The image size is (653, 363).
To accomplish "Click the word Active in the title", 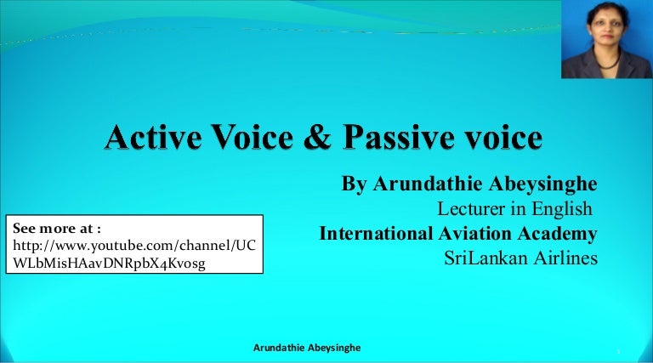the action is click(154, 137).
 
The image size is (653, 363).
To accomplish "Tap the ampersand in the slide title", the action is click(318, 137).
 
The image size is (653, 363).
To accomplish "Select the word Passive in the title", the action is click(399, 137).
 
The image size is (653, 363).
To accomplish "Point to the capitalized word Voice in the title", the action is click(253, 137).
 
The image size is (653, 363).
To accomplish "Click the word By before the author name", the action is click(354, 184).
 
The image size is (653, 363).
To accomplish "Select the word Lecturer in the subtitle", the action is click(471, 208).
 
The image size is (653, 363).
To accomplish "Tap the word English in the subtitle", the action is click(562, 209).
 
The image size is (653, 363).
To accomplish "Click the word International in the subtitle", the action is click(376, 234).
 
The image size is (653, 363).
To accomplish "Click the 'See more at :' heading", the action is click(57, 228).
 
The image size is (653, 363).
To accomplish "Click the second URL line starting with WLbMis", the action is click(109, 264).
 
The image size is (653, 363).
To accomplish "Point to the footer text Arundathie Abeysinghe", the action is click(307, 348).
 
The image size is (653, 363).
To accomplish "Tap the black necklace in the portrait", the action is click(609, 61).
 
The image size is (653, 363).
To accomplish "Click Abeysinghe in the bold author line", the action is click(542, 184).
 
